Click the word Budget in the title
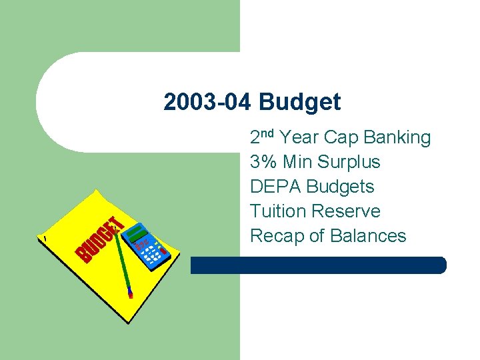click(300, 103)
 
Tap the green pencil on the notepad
click(122, 260)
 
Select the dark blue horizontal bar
click(318, 265)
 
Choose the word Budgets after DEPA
click(340, 187)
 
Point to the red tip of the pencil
click(130, 293)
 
